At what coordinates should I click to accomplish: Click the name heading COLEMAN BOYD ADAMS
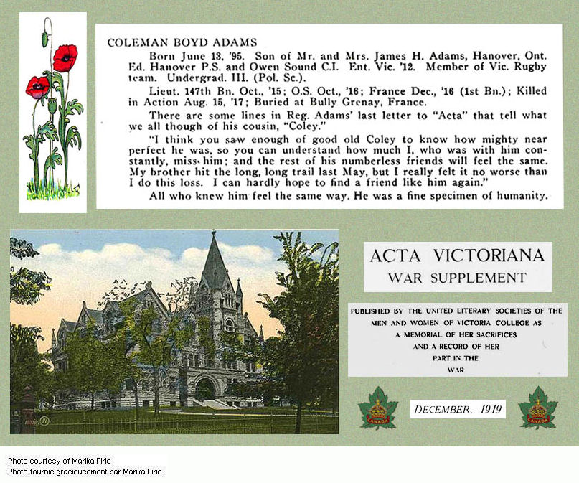click(182, 43)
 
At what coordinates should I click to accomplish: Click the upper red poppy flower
click(65, 57)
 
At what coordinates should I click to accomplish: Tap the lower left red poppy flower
click(37, 87)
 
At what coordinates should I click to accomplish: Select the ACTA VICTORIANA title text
click(458, 255)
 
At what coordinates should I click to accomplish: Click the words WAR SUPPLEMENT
click(457, 278)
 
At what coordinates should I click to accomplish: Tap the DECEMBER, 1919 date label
click(458, 410)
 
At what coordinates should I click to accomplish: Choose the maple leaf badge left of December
click(378, 408)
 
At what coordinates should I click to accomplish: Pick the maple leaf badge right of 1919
click(537, 408)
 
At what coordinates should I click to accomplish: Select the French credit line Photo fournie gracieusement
click(85, 472)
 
